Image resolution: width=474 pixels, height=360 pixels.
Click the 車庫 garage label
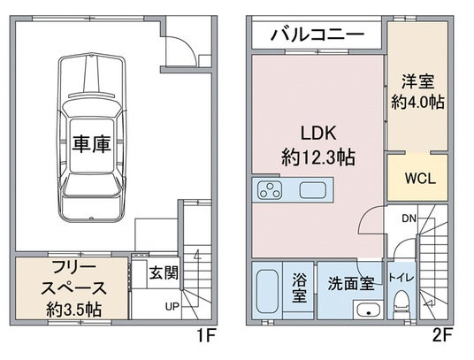click(x=91, y=144)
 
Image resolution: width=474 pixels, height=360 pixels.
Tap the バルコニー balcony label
click(x=317, y=34)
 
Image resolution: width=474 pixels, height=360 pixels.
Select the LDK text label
click(x=318, y=133)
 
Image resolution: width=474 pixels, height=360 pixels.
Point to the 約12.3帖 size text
click(x=318, y=157)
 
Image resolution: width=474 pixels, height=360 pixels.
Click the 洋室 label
click(x=417, y=81)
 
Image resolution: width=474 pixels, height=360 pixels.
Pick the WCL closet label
click(x=420, y=179)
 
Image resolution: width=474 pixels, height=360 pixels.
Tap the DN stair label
click(x=409, y=218)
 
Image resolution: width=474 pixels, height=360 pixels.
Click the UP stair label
click(x=172, y=307)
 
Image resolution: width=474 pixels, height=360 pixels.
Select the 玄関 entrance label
click(x=164, y=273)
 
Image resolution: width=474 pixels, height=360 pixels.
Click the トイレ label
click(x=401, y=278)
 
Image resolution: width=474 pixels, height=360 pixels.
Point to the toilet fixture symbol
click(x=401, y=304)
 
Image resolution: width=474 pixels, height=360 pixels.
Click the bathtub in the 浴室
click(x=267, y=291)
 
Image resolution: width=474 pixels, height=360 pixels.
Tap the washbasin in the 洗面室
click(x=368, y=310)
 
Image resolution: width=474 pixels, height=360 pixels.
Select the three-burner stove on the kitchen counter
click(x=270, y=190)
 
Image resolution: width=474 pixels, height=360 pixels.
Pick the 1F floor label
click(x=206, y=335)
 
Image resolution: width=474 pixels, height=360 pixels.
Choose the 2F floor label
click(x=442, y=335)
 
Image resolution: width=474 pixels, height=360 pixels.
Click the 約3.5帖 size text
click(x=73, y=310)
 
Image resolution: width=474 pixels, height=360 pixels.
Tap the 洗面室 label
click(x=351, y=284)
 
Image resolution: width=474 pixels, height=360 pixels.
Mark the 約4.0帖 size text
click(x=417, y=102)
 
